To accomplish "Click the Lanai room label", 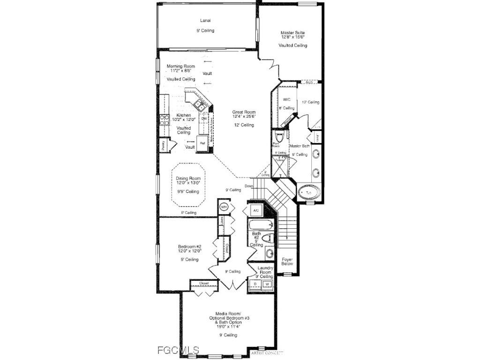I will point(205,21).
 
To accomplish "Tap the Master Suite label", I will point(292,33).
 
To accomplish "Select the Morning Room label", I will point(181,67).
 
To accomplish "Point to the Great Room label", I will point(244,112).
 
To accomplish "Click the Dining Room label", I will point(188,179).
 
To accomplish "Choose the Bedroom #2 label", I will point(189,247).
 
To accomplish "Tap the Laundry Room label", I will point(265,270).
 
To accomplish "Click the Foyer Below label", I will point(287,261).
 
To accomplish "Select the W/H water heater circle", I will point(224,207).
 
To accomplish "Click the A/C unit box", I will point(256,210).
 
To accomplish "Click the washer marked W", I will point(267,284).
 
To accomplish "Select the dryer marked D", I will point(255,284).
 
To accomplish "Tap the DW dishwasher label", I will point(204,119).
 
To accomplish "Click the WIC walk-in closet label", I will point(287,99).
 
